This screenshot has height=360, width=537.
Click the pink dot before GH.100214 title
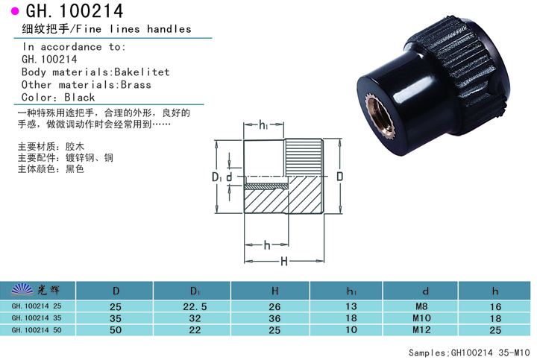pos(14,10)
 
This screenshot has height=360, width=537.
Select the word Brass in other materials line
pos(136,85)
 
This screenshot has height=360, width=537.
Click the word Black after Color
pos(80,98)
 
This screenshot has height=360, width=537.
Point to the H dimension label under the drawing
pos(284,261)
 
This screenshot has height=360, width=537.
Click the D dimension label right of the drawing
pos(339,177)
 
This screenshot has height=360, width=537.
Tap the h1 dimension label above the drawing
pos(264,127)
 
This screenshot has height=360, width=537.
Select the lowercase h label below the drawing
pos(266,244)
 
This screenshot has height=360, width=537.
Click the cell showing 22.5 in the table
pos(194,306)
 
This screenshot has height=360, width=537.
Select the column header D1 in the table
pos(194,290)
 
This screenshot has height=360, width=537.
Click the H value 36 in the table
pos(274,318)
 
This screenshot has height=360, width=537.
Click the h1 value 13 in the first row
pos(350,306)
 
